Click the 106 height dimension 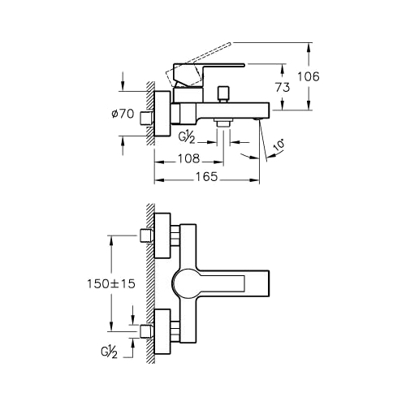click(x=309, y=76)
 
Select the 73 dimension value click(x=283, y=87)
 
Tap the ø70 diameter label click(x=123, y=114)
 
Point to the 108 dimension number click(x=188, y=158)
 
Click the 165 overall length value click(x=207, y=177)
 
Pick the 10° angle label click(x=279, y=145)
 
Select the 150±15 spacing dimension click(x=111, y=284)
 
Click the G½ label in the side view click(x=187, y=138)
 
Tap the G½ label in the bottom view click(x=109, y=352)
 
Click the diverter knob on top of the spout click(x=223, y=93)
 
